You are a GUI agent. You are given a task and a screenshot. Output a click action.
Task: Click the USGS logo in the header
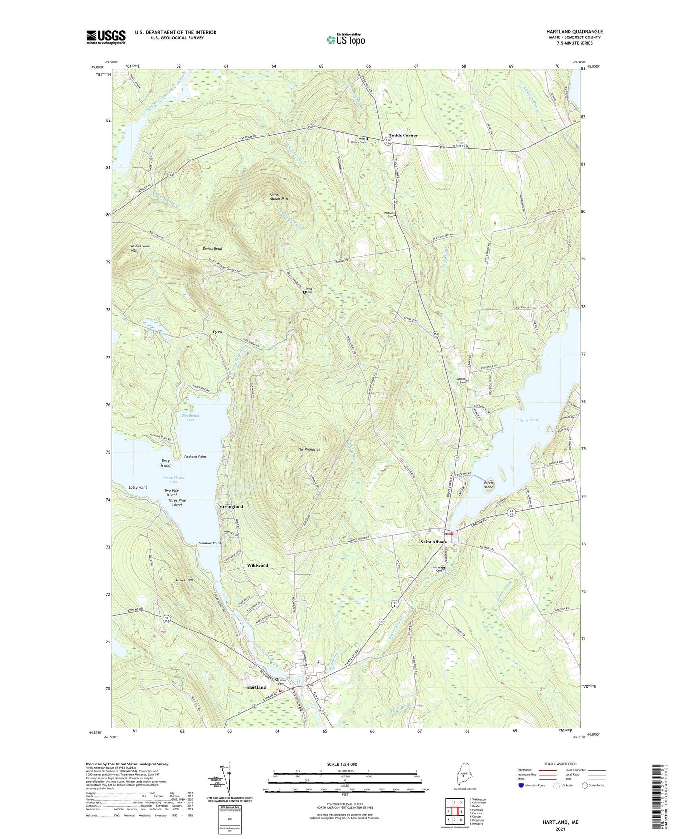tap(106, 37)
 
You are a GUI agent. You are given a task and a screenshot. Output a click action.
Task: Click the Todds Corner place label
tap(403, 136)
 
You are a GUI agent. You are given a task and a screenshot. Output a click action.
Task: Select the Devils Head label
tap(212, 248)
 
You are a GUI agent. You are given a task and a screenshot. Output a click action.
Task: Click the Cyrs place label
tap(217, 332)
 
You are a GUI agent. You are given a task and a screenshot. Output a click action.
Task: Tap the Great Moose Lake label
tap(173, 480)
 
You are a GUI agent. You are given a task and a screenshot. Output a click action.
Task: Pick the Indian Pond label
tap(527, 420)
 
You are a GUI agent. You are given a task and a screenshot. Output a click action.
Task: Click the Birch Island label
tap(488, 485)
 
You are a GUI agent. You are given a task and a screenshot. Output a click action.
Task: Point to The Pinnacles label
tap(309, 449)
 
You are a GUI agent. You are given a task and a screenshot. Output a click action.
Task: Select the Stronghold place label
tap(231, 507)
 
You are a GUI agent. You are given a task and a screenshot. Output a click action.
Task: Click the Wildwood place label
tap(257, 565)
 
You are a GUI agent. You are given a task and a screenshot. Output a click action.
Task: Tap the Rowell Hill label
tap(184, 580)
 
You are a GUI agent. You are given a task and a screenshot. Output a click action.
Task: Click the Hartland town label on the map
tap(256, 687)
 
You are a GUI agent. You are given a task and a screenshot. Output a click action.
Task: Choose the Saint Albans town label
tap(433, 542)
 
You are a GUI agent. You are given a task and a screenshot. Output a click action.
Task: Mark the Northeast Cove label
tap(190, 417)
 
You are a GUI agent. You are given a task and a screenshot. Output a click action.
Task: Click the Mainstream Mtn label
tap(140, 248)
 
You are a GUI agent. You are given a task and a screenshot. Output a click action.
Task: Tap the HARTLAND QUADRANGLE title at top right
tap(574, 32)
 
